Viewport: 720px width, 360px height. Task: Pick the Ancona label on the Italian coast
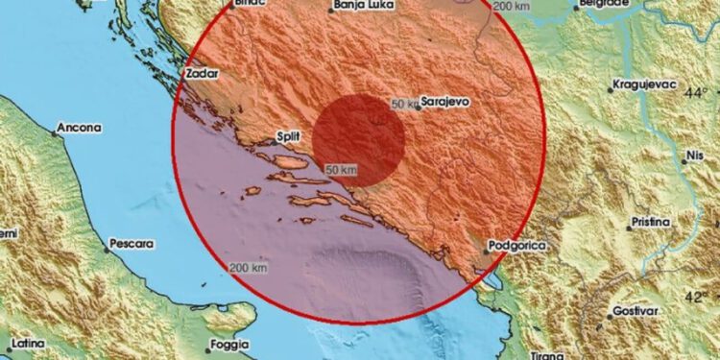tap(80, 127)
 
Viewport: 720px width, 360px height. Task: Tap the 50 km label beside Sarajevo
tap(406, 104)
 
